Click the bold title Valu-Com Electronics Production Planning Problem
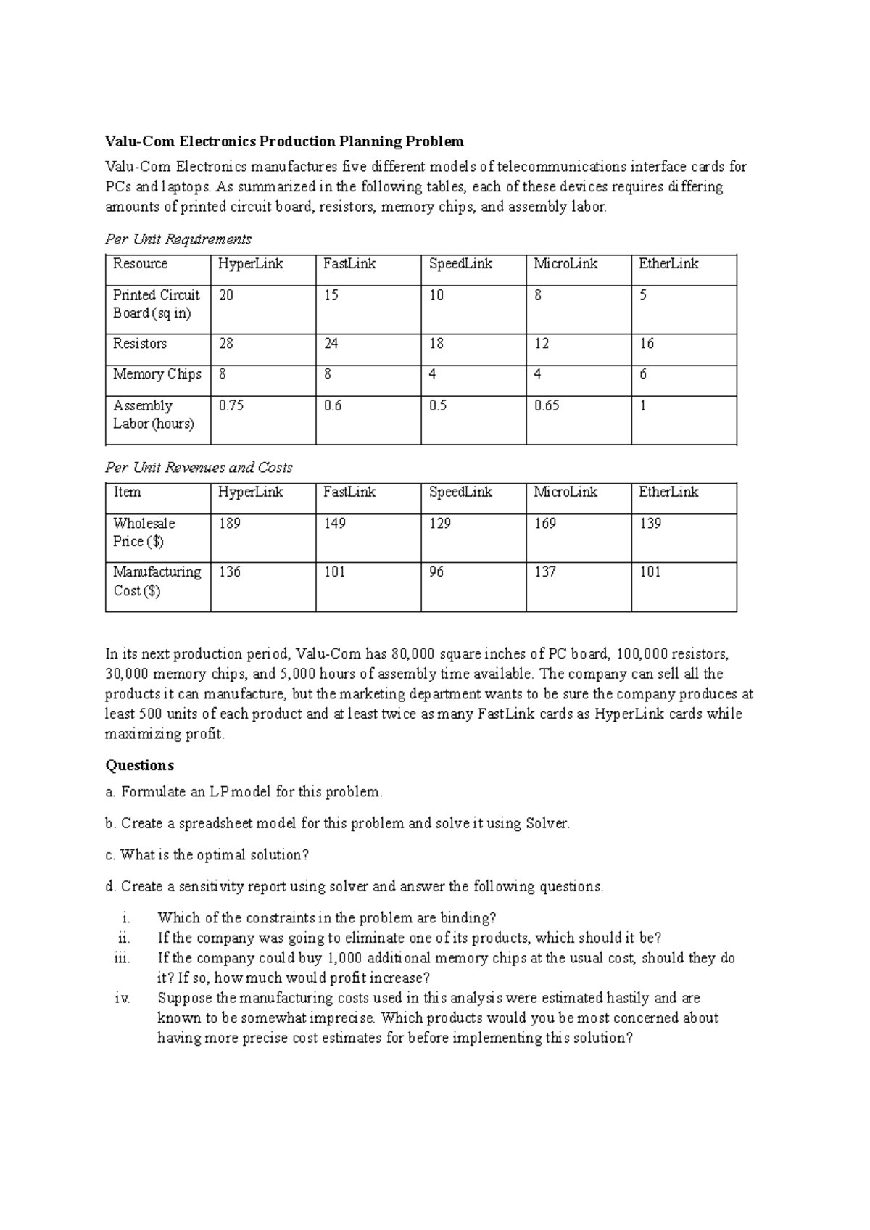[x=284, y=141]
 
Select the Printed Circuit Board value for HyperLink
[x=226, y=295]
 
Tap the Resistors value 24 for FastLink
[x=331, y=344]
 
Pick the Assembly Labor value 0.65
[x=547, y=406]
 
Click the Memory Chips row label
[x=157, y=374]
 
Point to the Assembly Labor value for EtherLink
[x=642, y=406]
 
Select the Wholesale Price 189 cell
[x=229, y=524]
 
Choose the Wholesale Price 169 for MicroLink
[x=544, y=524]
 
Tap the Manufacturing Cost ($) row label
[x=157, y=581]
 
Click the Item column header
[x=127, y=492]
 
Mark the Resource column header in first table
[x=140, y=264]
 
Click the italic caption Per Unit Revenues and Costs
[x=199, y=468]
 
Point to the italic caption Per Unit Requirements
[x=178, y=239]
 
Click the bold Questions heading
[x=139, y=766]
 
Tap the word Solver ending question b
[x=547, y=824]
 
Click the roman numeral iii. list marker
[x=123, y=958]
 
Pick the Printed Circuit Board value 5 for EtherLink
[x=643, y=295]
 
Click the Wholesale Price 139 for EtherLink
[x=650, y=524]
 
